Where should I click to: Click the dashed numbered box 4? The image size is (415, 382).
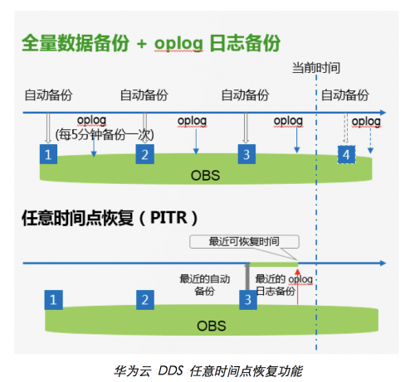[346, 155]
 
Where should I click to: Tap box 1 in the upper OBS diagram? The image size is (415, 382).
[48, 154]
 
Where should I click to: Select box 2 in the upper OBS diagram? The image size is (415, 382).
[144, 154]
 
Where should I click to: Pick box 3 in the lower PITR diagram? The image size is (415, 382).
[248, 300]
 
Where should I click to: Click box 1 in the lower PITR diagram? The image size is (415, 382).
[53, 300]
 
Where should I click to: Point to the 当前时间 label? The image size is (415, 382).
[316, 68]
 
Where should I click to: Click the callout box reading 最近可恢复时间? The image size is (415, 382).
[244, 242]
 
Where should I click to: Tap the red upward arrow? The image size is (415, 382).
[297, 286]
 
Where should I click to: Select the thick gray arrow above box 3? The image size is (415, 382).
[247, 277]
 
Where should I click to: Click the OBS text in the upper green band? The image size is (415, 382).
[205, 176]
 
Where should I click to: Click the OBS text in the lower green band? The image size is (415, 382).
[212, 326]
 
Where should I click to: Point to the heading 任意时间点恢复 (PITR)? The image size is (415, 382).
[110, 218]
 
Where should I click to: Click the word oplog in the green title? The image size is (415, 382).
[178, 43]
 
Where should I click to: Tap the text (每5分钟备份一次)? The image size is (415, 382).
[105, 135]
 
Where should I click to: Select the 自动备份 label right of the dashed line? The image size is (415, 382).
[344, 95]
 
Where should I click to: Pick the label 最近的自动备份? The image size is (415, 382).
[204, 285]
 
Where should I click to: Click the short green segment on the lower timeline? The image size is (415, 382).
[274, 264]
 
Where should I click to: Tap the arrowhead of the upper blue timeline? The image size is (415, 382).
[383, 113]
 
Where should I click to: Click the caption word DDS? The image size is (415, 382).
[170, 370]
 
